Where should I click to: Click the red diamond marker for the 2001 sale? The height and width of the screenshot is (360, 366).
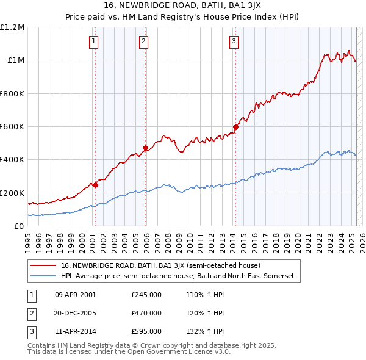click(x=95, y=185)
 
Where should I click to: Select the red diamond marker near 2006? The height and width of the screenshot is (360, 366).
click(x=145, y=148)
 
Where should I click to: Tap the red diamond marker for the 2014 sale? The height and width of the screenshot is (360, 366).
click(x=235, y=127)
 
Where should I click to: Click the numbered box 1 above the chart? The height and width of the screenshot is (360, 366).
click(x=93, y=41)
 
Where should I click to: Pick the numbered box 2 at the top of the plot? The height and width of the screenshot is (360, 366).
click(x=143, y=41)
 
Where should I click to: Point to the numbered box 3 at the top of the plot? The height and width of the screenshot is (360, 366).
click(x=234, y=41)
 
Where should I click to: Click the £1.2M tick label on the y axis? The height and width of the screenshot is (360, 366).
click(x=12, y=27)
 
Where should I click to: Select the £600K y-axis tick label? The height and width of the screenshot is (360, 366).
click(x=12, y=127)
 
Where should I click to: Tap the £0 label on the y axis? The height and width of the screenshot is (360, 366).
click(x=19, y=226)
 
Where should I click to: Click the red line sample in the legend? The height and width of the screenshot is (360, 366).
click(x=43, y=265)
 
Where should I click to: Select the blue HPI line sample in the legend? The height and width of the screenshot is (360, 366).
click(x=43, y=276)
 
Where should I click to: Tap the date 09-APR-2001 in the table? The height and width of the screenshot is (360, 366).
click(x=76, y=295)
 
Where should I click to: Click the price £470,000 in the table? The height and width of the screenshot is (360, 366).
click(x=146, y=313)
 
